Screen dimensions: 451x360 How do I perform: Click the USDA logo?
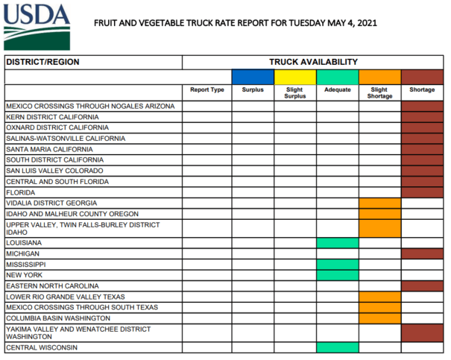pyautogui.click(x=37, y=27)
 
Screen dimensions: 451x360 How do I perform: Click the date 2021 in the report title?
pyautogui.click(x=367, y=23)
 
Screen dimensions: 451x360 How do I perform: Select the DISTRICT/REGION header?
pyautogui.click(x=42, y=62)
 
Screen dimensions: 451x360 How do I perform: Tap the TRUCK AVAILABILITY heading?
pyautogui.click(x=313, y=62)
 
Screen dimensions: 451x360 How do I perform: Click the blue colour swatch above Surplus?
pyautogui.click(x=253, y=77)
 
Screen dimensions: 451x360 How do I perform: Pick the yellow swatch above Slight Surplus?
pyautogui.click(x=295, y=77)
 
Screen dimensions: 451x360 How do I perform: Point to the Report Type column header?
pyautogui.click(x=207, y=89)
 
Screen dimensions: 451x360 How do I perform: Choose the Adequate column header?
pyautogui.click(x=338, y=89)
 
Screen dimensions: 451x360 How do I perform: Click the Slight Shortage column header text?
pyautogui.click(x=379, y=93)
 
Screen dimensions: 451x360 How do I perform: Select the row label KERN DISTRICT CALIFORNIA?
pyautogui.click(x=52, y=117)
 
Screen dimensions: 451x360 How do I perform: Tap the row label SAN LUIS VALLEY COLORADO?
pyautogui.click(x=54, y=171)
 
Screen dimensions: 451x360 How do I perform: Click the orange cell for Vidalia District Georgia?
pyautogui.click(x=380, y=203)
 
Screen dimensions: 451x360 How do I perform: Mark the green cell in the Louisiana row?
pyautogui.click(x=338, y=243)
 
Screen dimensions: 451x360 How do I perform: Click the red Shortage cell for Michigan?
pyautogui.click(x=422, y=254)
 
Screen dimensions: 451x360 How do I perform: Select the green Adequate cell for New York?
pyautogui.click(x=338, y=275)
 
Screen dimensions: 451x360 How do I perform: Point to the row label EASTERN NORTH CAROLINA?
pyautogui.click(x=52, y=286)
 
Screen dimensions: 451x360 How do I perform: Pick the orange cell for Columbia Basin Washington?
pyautogui.click(x=380, y=318)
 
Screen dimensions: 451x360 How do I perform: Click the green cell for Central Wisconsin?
pyautogui.click(x=338, y=347)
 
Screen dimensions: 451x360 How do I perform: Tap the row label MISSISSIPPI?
pyautogui.click(x=26, y=265)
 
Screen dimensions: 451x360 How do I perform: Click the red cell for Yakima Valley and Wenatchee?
pyautogui.click(x=422, y=333)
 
